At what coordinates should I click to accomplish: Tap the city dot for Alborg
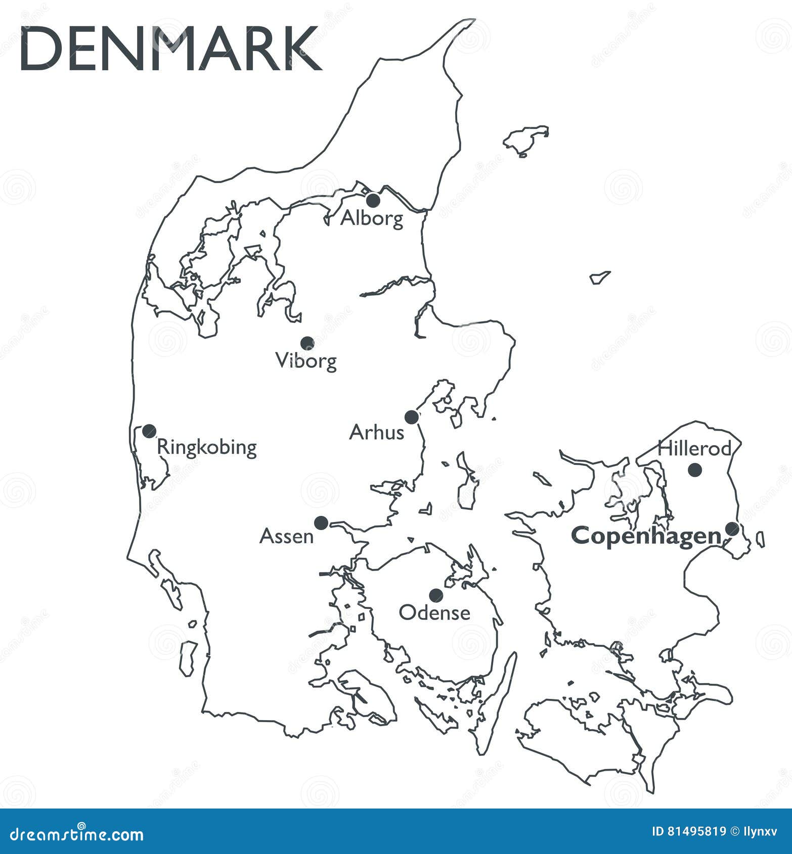coord(373,200)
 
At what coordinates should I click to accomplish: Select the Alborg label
coord(372,218)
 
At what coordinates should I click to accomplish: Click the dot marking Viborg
coord(307,343)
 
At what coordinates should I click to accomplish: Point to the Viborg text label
coord(306,361)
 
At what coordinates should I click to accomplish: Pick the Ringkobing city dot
coord(149,431)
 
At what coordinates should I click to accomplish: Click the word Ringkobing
coord(207,448)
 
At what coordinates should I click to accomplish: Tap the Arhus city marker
coord(412,417)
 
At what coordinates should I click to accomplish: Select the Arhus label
coord(377,433)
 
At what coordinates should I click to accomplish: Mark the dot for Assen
coord(321,523)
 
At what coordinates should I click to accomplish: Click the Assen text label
coord(286,537)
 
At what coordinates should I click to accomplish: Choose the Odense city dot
coord(436,595)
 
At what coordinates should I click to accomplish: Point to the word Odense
coord(434,613)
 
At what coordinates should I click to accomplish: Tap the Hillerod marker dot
coord(695,469)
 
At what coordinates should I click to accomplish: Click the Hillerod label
coord(694,448)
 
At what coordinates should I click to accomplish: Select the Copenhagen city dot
coord(732,529)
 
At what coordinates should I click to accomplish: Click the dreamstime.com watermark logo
coord(77,834)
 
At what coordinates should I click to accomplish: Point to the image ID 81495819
coord(689,831)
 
